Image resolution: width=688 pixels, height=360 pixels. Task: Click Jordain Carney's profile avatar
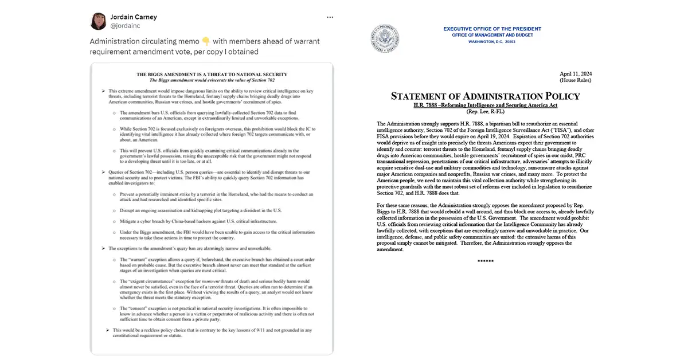[x=98, y=21]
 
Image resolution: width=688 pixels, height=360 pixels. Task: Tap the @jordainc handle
[x=126, y=26]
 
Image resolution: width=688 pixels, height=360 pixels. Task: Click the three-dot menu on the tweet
[x=330, y=17]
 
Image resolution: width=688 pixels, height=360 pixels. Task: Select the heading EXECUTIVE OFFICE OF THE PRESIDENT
[x=492, y=29]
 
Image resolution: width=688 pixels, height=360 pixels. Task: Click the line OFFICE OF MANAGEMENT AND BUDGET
[x=492, y=36]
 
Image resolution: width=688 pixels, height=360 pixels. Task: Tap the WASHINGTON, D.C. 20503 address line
[x=492, y=42]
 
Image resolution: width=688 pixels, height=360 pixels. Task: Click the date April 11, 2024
[x=575, y=74]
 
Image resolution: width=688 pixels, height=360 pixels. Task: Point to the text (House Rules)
[x=575, y=81]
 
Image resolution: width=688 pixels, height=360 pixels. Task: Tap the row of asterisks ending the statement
[x=485, y=261]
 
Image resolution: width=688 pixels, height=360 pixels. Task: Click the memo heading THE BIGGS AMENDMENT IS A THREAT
[x=212, y=75]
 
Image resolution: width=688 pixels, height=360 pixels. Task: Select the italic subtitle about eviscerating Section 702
[x=212, y=80]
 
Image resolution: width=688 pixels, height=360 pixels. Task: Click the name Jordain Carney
[x=133, y=17]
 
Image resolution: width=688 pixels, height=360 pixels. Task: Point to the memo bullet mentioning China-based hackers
[x=198, y=221]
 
